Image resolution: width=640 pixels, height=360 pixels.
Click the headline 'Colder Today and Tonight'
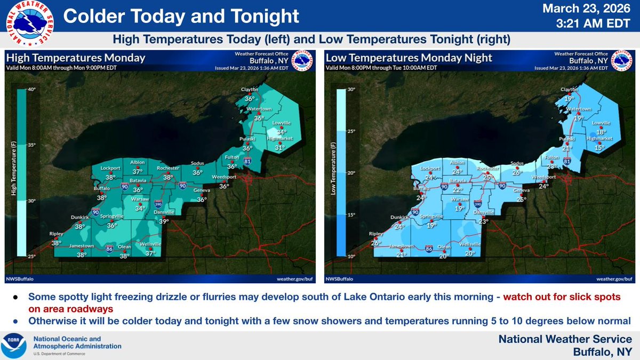181,16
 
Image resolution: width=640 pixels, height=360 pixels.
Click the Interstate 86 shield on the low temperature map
429,248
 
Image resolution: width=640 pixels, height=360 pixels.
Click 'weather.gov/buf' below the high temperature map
294,278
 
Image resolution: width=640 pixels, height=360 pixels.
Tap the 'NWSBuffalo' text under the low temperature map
340,278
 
